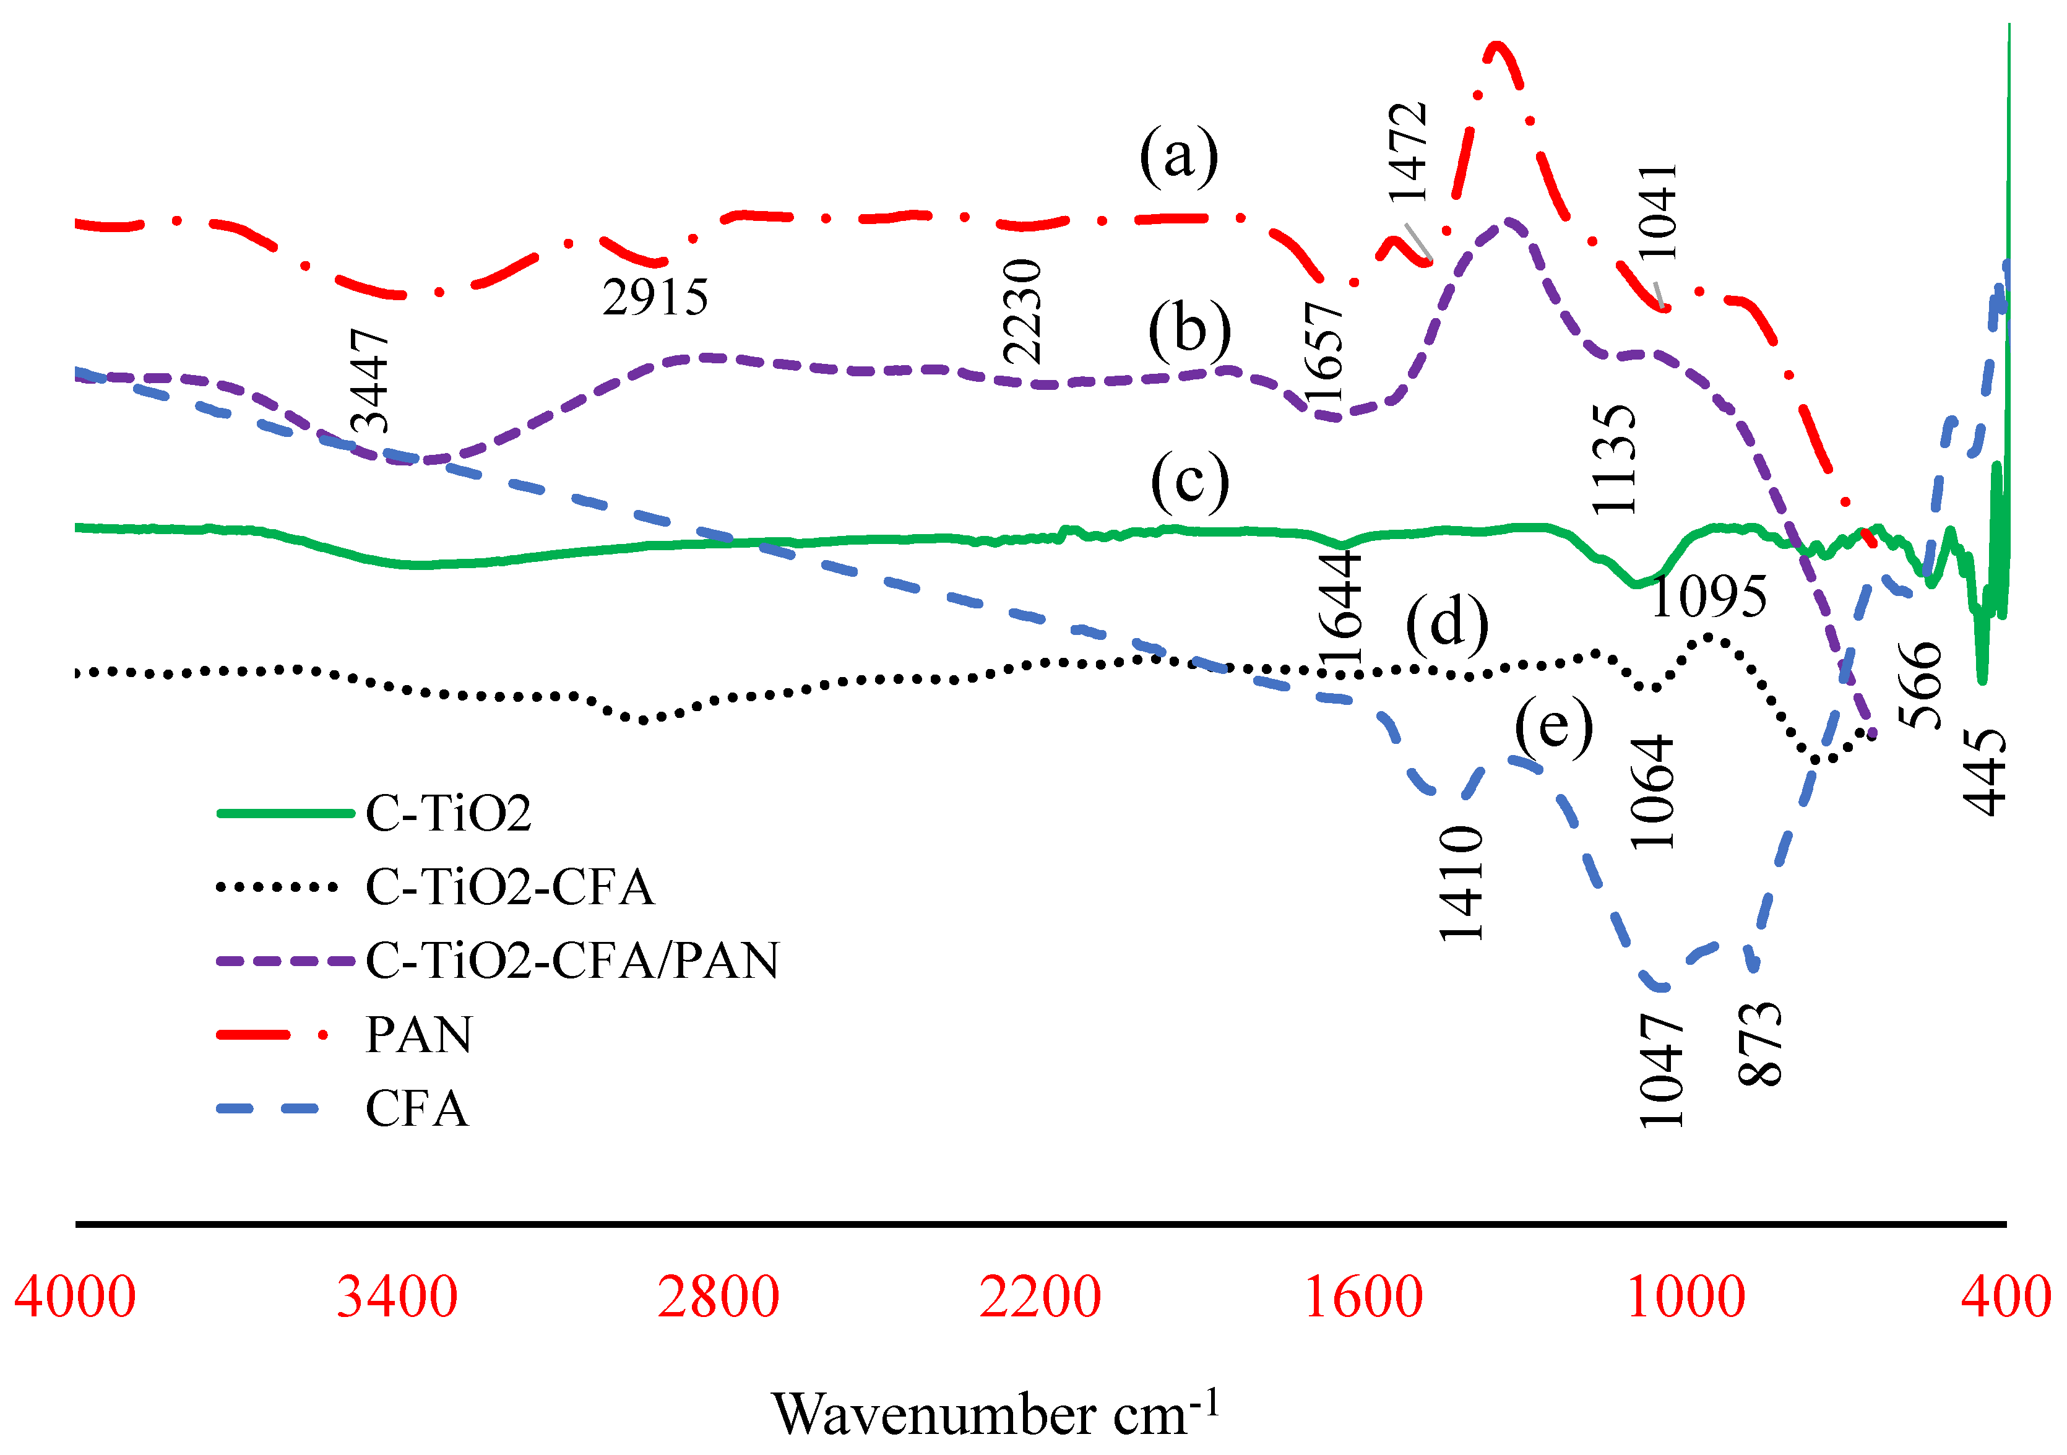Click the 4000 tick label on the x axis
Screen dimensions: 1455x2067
pos(75,1297)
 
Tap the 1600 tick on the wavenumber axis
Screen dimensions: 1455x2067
pos(1362,1297)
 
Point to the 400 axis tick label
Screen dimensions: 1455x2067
pos(2006,1297)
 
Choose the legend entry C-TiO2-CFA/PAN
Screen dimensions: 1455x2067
pos(572,960)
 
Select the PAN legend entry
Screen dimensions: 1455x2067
pos(418,1034)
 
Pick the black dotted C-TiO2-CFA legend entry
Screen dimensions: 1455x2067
pos(509,887)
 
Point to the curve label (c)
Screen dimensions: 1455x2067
pos(1189,481)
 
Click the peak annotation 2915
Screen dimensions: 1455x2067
pos(655,297)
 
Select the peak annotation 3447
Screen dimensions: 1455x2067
pos(369,380)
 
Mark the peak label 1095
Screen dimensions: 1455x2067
pos(1708,596)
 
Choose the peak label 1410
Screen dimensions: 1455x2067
pos(1461,883)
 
